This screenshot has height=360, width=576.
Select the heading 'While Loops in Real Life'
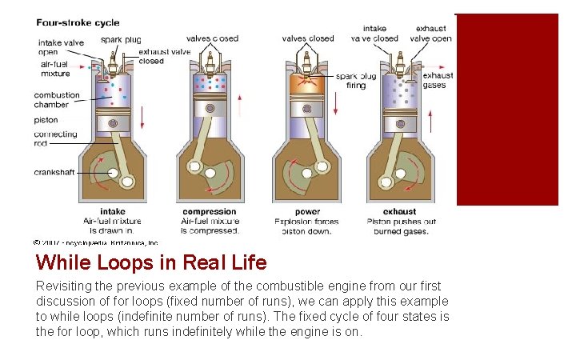point(151,262)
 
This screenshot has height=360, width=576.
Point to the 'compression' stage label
point(210,212)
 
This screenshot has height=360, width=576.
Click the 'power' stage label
point(306,212)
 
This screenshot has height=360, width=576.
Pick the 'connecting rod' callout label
point(55,138)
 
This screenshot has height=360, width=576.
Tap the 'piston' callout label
point(46,120)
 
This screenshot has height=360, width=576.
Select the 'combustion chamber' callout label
point(57,99)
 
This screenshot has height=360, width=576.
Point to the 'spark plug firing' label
point(351,81)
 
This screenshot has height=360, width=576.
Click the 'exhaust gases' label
point(438,80)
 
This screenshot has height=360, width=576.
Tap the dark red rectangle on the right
point(506,110)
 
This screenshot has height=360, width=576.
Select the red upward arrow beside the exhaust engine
point(431,121)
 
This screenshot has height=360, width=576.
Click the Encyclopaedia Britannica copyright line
point(96,242)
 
